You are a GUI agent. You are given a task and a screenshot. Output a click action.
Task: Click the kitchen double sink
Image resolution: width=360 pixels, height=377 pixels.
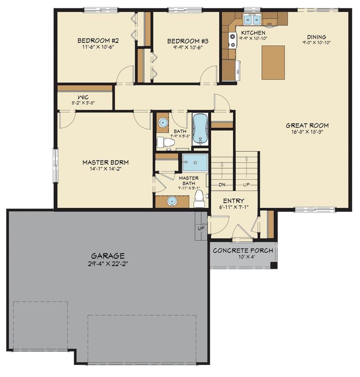[252, 19]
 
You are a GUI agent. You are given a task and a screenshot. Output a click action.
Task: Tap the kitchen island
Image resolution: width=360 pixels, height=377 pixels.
[273, 62]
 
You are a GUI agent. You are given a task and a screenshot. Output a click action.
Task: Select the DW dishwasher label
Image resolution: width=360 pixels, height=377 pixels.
[269, 24]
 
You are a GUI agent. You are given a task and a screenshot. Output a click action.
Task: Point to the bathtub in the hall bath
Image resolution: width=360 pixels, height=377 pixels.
[200, 129]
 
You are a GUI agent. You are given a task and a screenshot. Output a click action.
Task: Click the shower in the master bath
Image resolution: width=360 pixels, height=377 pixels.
[195, 163]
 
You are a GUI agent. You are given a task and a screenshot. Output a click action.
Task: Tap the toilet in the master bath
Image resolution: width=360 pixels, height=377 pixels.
[199, 199]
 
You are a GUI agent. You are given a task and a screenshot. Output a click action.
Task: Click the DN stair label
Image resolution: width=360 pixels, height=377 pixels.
[222, 185]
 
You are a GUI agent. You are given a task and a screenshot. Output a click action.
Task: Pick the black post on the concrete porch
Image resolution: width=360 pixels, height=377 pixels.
[274, 265]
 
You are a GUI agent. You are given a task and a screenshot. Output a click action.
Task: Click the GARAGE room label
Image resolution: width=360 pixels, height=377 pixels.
[108, 255]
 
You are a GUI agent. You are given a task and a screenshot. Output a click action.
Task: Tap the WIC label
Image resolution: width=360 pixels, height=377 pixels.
[83, 97]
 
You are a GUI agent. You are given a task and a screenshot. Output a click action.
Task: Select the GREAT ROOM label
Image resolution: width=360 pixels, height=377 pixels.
[307, 125]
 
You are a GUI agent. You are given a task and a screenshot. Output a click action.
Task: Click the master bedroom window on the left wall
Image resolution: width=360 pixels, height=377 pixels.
[55, 165]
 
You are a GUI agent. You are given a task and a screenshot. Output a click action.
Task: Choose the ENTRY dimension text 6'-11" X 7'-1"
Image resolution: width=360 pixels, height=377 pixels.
[234, 207]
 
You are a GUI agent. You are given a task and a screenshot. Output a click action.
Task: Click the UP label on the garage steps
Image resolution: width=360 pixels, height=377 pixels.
[201, 229]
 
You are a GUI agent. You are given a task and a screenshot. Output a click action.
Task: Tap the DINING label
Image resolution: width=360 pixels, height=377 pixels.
[316, 37]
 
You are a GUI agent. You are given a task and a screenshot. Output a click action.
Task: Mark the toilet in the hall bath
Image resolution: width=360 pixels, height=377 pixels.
[165, 142]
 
